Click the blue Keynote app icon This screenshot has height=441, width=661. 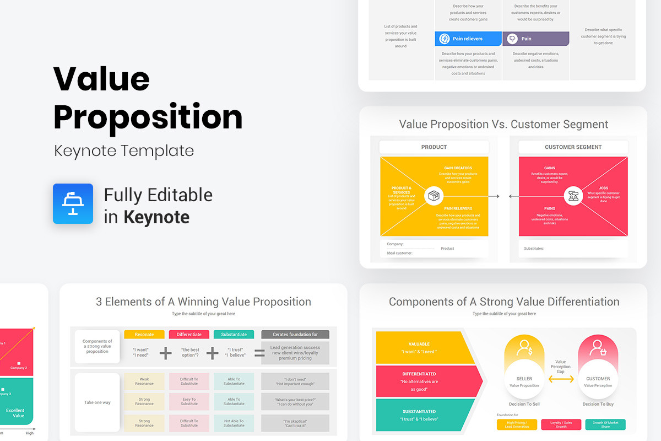pyautogui.click(x=73, y=203)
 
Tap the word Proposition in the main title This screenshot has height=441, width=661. pyautogui.click(x=148, y=117)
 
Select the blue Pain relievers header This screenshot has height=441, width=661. pyautogui.click(x=468, y=39)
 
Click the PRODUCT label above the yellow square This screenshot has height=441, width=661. pyautogui.click(x=434, y=147)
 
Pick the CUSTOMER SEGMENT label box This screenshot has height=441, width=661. pyautogui.click(x=573, y=147)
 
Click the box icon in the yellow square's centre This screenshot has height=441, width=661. pyautogui.click(x=434, y=196)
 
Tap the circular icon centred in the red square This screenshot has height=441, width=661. pyautogui.click(x=573, y=196)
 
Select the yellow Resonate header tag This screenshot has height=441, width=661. pyautogui.click(x=144, y=335)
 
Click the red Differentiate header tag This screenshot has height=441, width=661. pyautogui.click(x=189, y=335)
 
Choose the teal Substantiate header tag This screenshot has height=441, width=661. pyautogui.click(x=234, y=335)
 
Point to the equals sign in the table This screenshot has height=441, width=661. pyautogui.click(x=259, y=353)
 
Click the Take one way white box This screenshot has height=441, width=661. pyautogui.click(x=97, y=402)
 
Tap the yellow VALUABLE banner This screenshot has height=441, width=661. pyautogui.click(x=424, y=347)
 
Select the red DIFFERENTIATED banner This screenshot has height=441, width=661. pyautogui.click(x=427, y=381)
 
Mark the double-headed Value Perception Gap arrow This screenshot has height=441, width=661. pyautogui.click(x=561, y=379)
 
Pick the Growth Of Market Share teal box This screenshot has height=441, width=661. pyautogui.click(x=605, y=424)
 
